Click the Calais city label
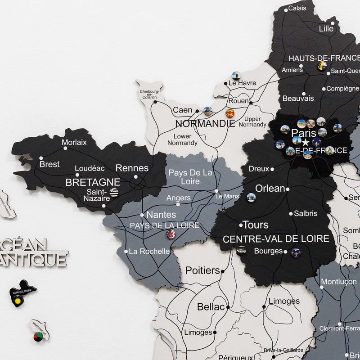[x=297, y=8]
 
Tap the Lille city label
[x=326, y=28]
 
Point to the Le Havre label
[x=242, y=83]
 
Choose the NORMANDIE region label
[x=205, y=123]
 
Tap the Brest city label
[x=49, y=164]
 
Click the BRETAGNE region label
[x=93, y=182]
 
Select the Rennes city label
[x=132, y=168]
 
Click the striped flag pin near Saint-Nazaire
[x=114, y=193]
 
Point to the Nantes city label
[x=161, y=215]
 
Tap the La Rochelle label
[x=149, y=252]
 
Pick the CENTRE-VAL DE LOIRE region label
[x=276, y=238]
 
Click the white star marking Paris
[x=305, y=142]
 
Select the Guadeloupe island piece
[x=22, y=292]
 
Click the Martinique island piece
[x=40, y=331]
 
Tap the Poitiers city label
[x=202, y=270]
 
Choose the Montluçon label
[x=338, y=282]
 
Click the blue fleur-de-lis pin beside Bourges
[x=296, y=253]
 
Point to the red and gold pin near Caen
[x=230, y=113]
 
